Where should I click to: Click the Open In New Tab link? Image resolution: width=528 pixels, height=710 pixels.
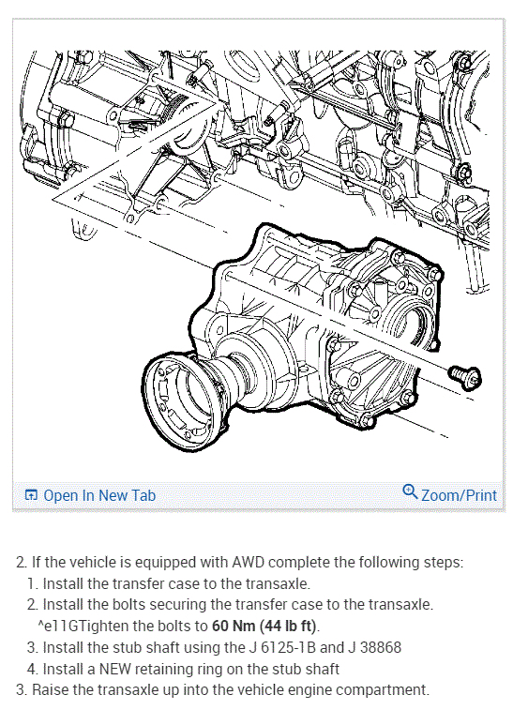[x=99, y=495]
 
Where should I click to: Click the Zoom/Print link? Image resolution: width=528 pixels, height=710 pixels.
[x=459, y=495]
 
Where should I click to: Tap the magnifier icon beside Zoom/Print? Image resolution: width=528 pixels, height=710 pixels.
[x=410, y=491]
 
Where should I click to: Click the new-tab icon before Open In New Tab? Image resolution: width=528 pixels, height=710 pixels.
[x=31, y=495]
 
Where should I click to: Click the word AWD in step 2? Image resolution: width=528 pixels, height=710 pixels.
[x=248, y=563]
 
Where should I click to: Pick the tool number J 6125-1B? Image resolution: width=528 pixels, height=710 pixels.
[x=281, y=647]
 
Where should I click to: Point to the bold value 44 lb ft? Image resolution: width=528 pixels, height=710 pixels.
[x=288, y=626]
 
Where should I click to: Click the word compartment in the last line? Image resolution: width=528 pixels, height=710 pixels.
[x=383, y=691]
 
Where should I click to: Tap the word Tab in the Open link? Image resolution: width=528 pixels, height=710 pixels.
[x=144, y=495]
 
